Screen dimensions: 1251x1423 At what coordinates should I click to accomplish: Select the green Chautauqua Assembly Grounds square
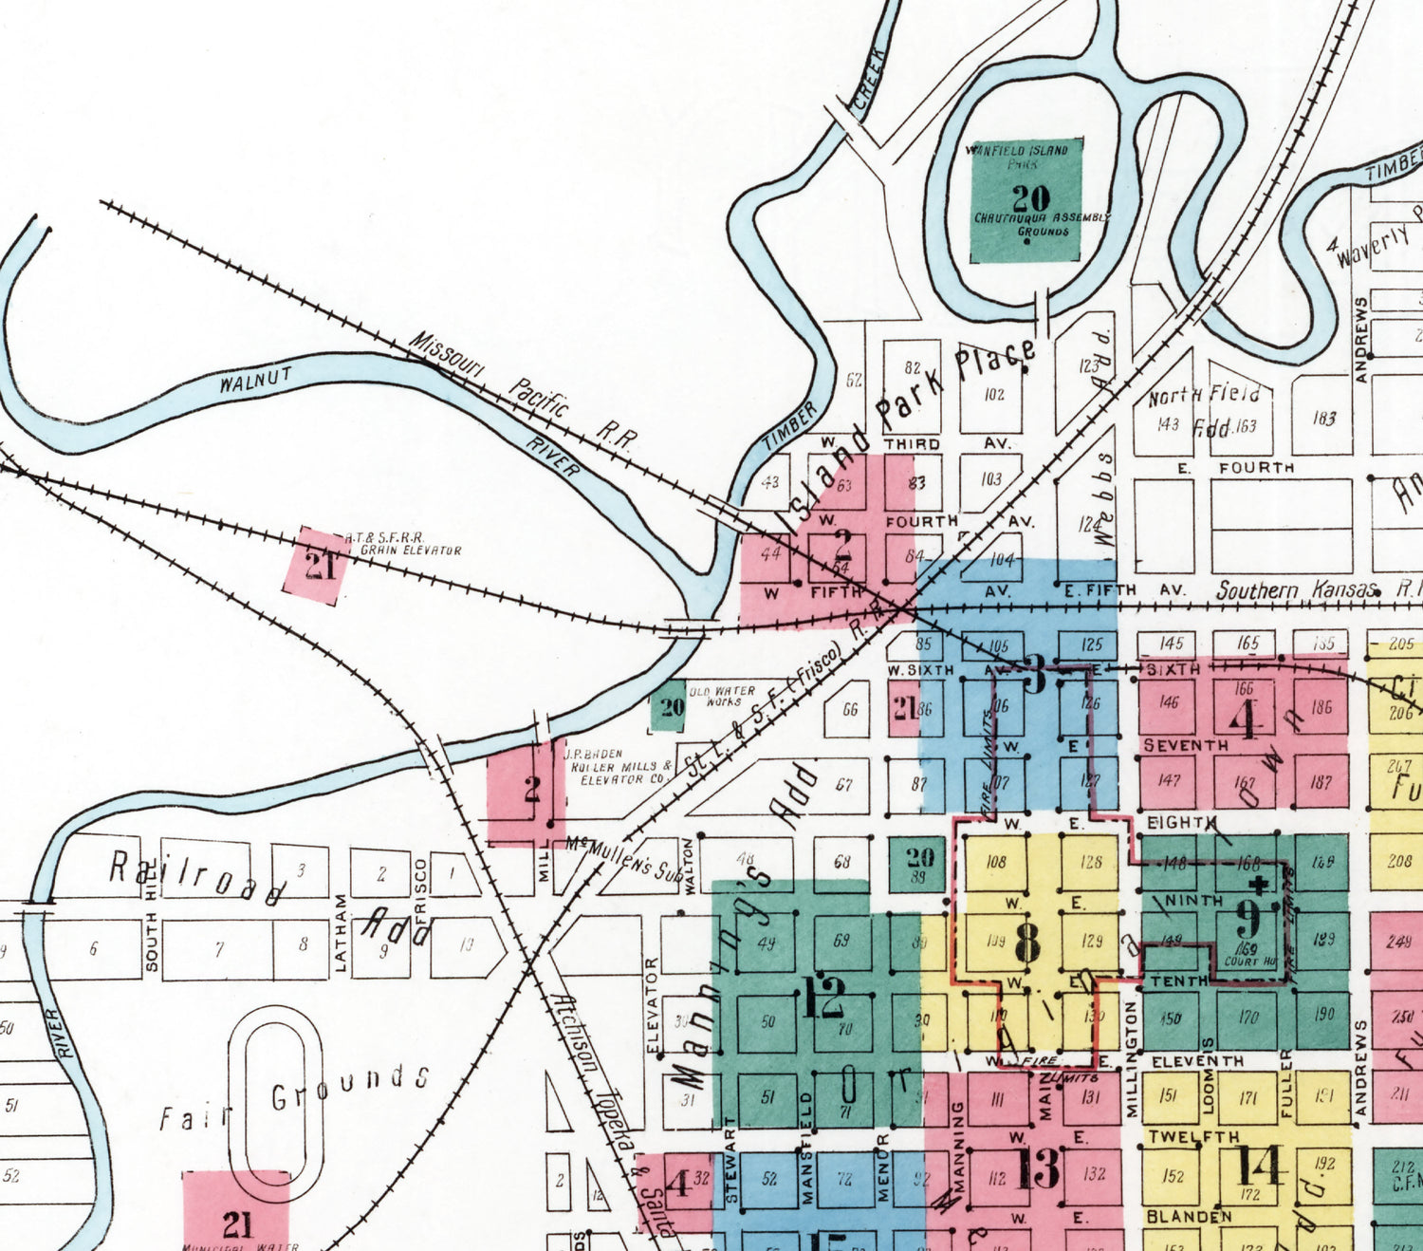tap(1026, 200)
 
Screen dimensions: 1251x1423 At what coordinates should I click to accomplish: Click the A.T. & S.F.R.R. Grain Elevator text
tap(403, 544)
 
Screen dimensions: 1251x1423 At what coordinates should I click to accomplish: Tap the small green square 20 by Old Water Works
tap(670, 706)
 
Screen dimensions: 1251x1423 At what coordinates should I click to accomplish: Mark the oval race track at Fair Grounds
tap(276, 1091)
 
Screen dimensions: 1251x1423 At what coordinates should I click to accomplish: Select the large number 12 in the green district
tap(822, 998)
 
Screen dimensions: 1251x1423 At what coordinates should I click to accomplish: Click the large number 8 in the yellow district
tap(1027, 941)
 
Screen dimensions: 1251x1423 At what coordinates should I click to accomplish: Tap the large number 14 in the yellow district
tap(1257, 1167)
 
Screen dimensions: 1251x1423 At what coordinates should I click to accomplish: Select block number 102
tap(993, 394)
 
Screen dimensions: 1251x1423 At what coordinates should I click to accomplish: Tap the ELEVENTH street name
tap(1197, 1061)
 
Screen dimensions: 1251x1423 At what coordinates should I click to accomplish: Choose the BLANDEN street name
tap(1189, 1216)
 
